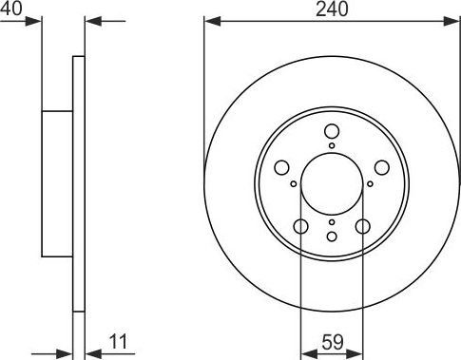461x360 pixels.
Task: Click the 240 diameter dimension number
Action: (332, 9)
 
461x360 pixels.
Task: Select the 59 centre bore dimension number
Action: (333, 342)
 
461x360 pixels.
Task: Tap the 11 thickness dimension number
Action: (118, 342)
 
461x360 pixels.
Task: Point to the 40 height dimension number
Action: (11, 9)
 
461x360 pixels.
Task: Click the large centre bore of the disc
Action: (332, 184)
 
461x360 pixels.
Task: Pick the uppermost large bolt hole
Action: (332, 131)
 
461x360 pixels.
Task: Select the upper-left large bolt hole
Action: (281, 167)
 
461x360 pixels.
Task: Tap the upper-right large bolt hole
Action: (381, 167)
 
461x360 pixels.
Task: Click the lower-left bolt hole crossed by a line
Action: (300, 226)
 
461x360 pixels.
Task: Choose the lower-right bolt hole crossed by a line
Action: (362, 226)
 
